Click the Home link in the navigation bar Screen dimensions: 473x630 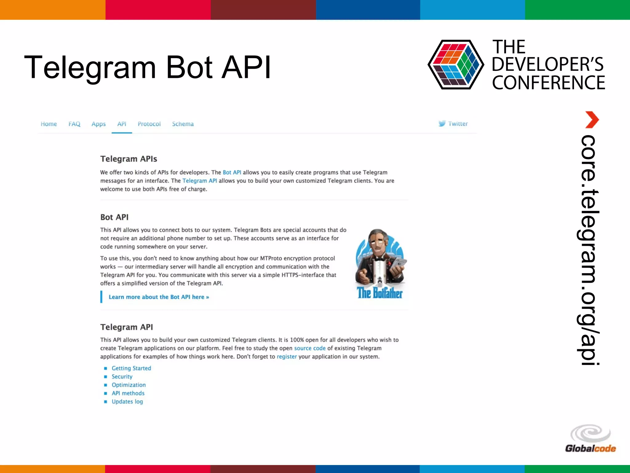point(49,124)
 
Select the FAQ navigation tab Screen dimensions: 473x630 point(74,124)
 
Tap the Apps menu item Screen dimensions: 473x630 point(98,124)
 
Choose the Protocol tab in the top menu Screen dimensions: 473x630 point(149,124)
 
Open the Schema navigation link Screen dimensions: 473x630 point(183,124)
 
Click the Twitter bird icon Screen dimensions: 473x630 point(442,123)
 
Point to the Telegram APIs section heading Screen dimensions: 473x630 point(129,159)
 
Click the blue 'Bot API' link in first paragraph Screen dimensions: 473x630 point(232,172)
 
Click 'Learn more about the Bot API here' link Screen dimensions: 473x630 point(159,297)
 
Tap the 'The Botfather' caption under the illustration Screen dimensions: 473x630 point(380,293)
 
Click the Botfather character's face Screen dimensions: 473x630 point(377,242)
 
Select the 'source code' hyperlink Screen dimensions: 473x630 point(309,348)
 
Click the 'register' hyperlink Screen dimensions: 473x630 point(286,357)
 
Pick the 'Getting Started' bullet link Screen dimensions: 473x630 point(131,368)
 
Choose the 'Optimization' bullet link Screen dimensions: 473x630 point(129,385)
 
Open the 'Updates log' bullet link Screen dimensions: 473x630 point(127,402)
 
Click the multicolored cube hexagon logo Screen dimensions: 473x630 point(456,65)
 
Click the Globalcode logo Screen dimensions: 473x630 point(590,439)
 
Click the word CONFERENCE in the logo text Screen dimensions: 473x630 point(548,83)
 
